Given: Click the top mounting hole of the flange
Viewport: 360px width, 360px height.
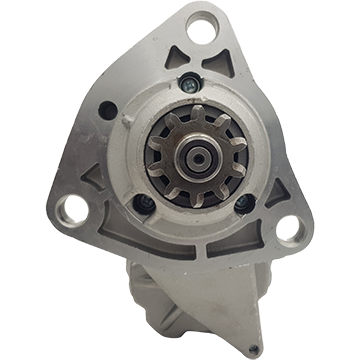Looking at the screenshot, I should coord(204,23).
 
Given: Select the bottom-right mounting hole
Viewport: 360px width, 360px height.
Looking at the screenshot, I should coord(290,229).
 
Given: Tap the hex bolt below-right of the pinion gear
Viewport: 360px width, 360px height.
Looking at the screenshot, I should coord(240,204).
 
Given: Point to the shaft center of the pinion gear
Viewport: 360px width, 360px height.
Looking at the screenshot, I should coord(190,154).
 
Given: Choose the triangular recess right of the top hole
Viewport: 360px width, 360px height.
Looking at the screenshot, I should coord(233,62).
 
